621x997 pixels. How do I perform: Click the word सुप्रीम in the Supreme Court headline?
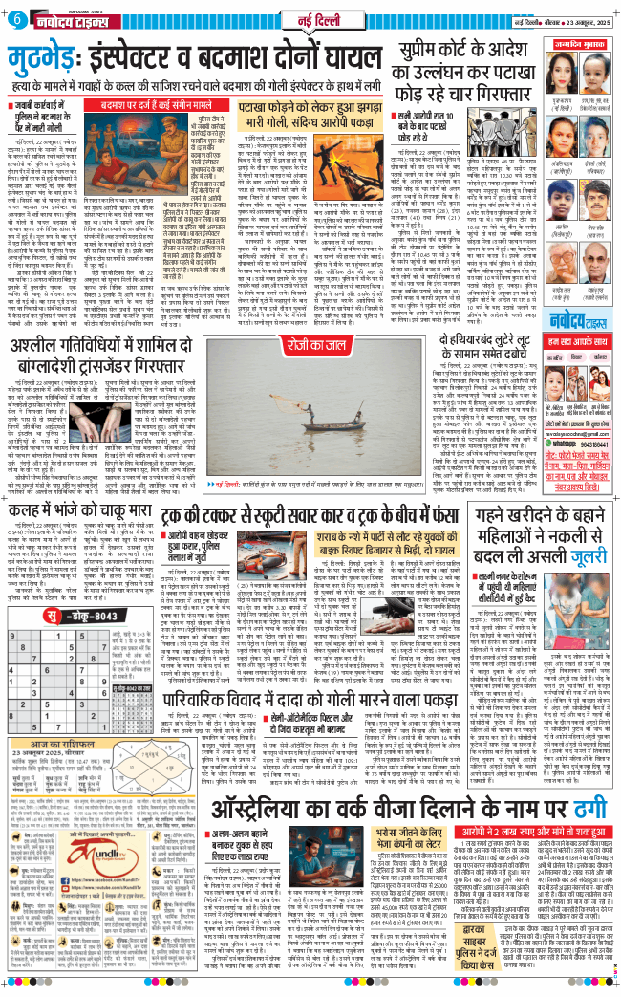pyautogui.click(x=439, y=44)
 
